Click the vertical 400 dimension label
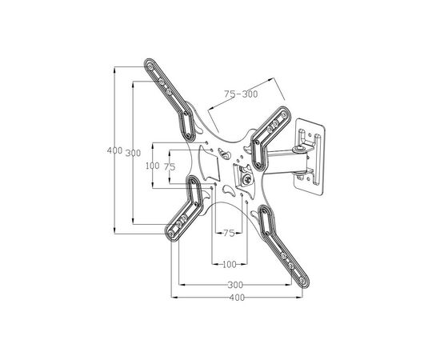coord(114,150)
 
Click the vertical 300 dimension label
coord(133,153)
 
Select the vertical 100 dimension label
coord(152,166)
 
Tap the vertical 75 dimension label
coord(170,167)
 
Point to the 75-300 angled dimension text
coord(241,94)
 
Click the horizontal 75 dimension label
coord(229,233)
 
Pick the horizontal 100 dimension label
coord(230,264)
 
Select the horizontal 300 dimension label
coord(235,285)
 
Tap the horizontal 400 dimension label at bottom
coord(237,298)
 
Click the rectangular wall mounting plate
coord(309,157)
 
